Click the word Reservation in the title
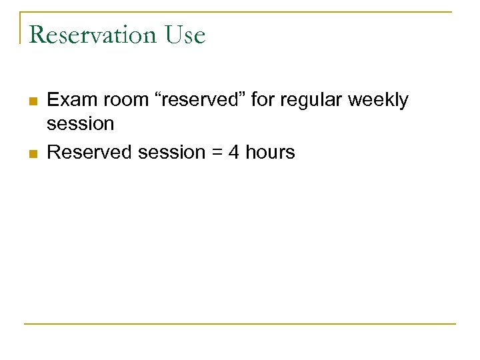click(x=93, y=35)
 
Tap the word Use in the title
click(x=185, y=35)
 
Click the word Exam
click(x=70, y=100)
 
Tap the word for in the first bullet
click(x=263, y=100)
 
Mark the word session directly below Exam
click(x=81, y=123)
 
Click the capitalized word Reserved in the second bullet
click(x=90, y=153)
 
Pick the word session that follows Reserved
click(x=172, y=153)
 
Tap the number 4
click(x=234, y=153)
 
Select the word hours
click(x=270, y=153)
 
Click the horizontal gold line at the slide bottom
click(x=240, y=324)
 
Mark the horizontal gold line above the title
click(x=240, y=12)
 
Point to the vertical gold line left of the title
click(x=21, y=27)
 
